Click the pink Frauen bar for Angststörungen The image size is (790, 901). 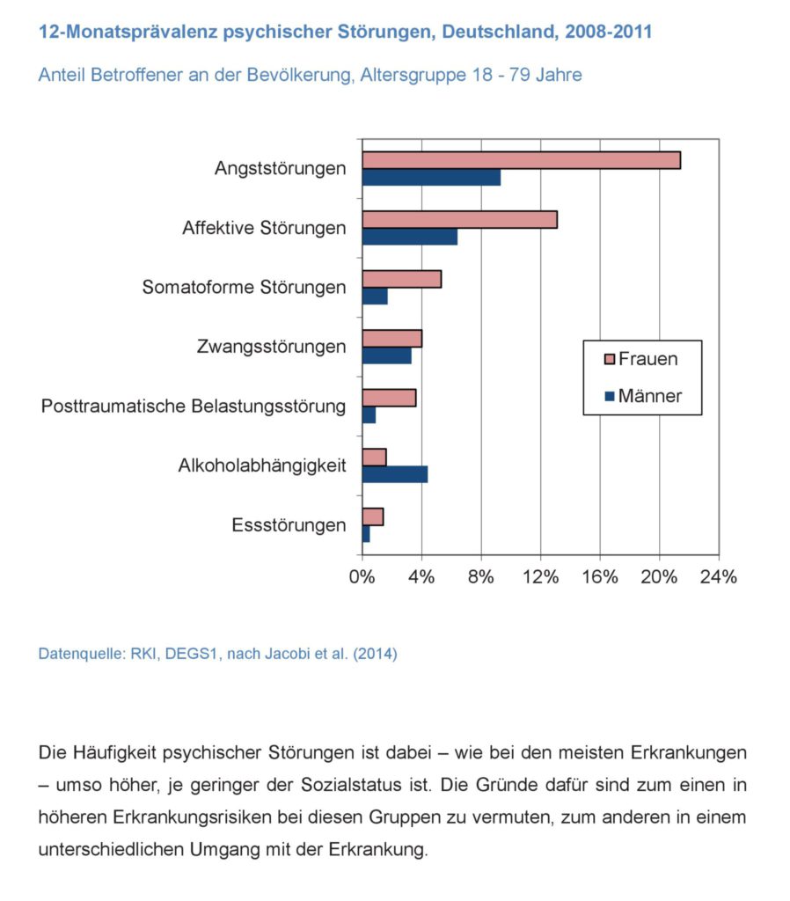pyautogui.click(x=521, y=160)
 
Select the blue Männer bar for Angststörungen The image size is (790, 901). pyautogui.click(x=431, y=178)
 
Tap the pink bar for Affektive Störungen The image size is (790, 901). pyautogui.click(x=459, y=219)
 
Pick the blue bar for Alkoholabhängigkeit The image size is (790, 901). pyautogui.click(x=395, y=474)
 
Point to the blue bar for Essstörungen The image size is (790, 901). pyautogui.click(x=366, y=534)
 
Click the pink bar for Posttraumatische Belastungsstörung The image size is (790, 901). pyautogui.click(x=389, y=398)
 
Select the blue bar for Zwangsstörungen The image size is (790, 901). pyautogui.click(x=387, y=355)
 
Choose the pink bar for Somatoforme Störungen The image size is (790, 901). pyautogui.click(x=402, y=279)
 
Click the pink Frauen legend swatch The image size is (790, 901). pyautogui.click(x=610, y=359)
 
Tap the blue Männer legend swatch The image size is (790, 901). pyautogui.click(x=610, y=396)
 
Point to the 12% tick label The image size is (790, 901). pyautogui.click(x=541, y=577)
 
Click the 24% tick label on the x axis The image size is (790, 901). pyautogui.click(x=718, y=577)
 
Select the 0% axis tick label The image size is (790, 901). pyautogui.click(x=362, y=577)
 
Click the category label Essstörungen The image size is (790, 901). pyautogui.click(x=289, y=525)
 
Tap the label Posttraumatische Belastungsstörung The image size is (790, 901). pyautogui.click(x=194, y=407)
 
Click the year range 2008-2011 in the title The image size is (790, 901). pyautogui.click(x=609, y=31)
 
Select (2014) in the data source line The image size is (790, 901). pyautogui.click(x=375, y=654)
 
